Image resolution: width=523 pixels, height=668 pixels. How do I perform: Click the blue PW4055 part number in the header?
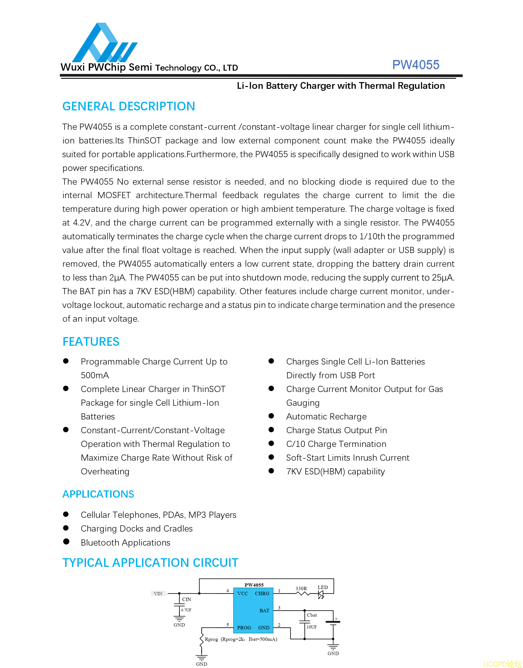point(416,65)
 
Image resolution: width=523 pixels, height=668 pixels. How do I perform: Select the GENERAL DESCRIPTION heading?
point(129,106)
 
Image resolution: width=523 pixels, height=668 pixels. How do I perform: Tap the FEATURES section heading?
point(91,341)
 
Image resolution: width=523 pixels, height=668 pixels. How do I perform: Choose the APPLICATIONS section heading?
point(98,494)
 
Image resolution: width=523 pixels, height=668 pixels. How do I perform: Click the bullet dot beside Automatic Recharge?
point(271,416)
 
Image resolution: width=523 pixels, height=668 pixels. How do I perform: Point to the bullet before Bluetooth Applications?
point(66,542)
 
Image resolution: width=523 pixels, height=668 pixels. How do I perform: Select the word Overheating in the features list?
point(105,472)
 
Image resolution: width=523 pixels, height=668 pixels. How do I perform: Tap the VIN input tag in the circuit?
point(158,594)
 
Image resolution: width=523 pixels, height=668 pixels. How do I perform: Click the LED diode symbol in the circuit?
point(321,594)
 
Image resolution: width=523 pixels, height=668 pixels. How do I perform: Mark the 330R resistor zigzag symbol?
point(303,594)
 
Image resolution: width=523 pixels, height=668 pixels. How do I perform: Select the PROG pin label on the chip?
point(244,628)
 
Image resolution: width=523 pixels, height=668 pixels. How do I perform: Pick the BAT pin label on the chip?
point(264,611)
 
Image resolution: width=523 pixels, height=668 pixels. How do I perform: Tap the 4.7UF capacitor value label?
point(186,610)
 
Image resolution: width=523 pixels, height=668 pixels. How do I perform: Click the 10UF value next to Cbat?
point(311,627)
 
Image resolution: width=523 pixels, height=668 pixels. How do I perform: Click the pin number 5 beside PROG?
point(228,625)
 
